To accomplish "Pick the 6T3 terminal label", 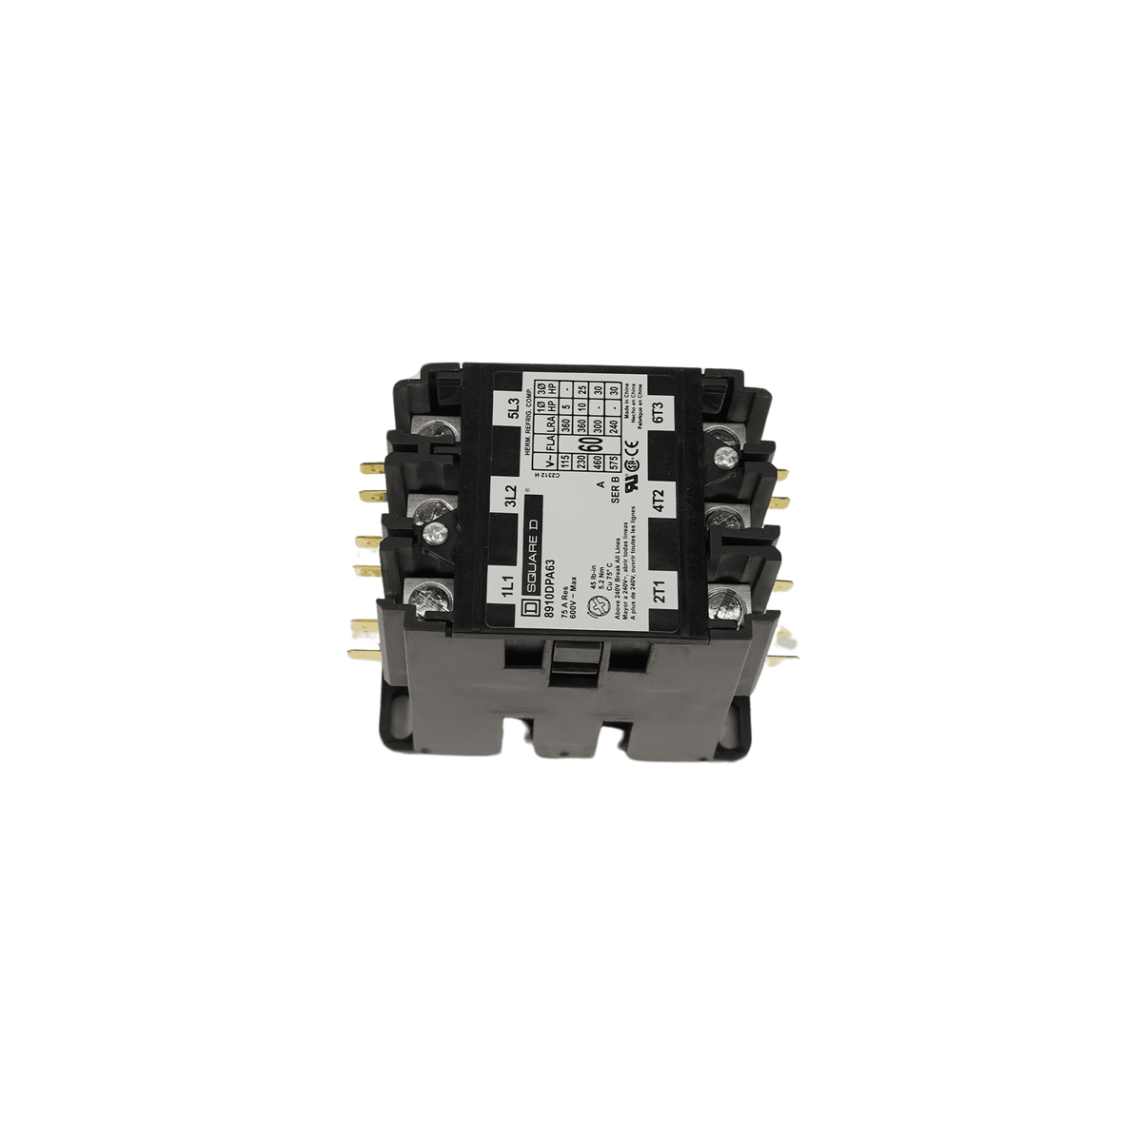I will (659, 411).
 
